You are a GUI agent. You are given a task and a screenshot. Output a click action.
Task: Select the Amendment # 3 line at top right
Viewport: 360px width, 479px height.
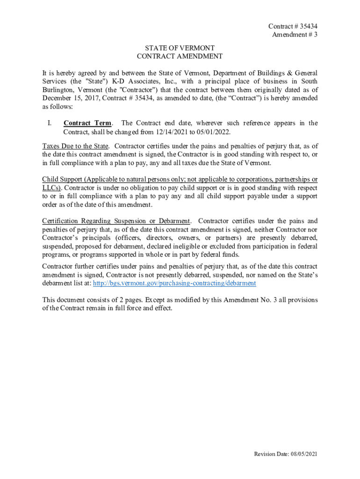coord(295,35)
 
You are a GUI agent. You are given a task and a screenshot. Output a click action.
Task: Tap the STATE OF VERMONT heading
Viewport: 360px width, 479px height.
coord(180,48)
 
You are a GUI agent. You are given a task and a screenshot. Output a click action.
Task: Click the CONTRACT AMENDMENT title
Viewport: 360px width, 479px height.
coord(180,57)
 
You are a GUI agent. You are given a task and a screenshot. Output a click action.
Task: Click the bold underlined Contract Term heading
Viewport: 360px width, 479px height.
coord(87,123)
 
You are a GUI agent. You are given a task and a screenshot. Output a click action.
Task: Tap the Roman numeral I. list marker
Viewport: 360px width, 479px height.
coord(45,123)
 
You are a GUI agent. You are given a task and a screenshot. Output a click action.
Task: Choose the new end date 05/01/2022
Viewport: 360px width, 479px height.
coord(213,132)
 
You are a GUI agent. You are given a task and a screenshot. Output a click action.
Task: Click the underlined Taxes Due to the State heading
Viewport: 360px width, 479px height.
coord(75,146)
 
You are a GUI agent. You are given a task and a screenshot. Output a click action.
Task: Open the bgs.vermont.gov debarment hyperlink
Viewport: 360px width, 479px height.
coord(174,283)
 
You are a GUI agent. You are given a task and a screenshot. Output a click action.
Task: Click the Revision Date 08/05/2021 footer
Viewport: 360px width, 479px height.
coord(285,454)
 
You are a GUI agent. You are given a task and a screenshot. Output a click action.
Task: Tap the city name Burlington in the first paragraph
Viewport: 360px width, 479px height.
coord(58,90)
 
